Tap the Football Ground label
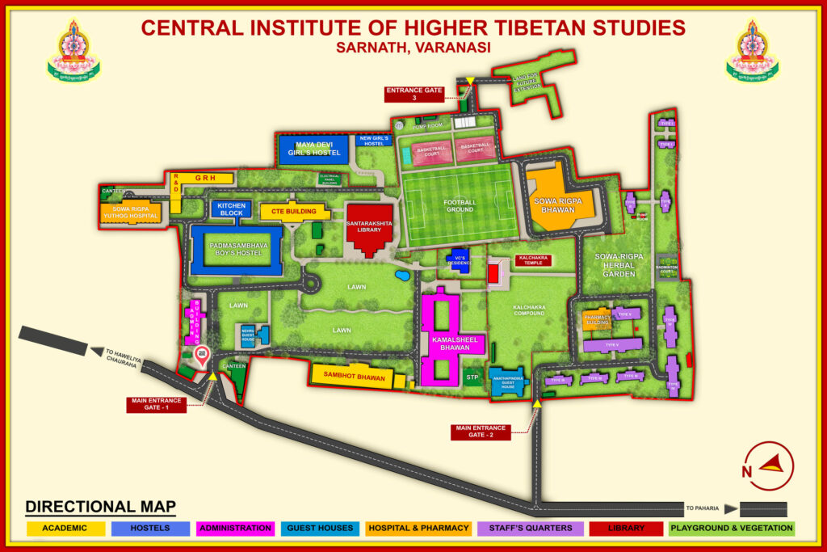(460, 205)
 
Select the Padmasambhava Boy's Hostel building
(235, 249)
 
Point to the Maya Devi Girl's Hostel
(313, 150)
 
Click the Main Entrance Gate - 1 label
(156, 404)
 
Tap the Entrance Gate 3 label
(413, 95)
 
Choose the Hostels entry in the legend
(149, 528)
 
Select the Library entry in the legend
(626, 528)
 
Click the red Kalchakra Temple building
(493, 272)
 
